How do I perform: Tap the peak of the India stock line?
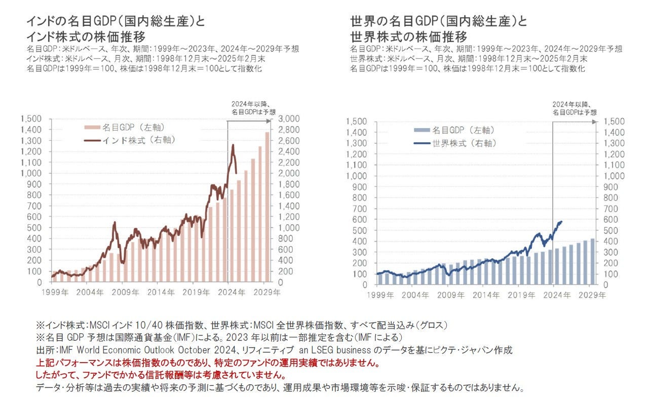coord(233,145)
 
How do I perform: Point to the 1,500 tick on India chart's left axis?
coord(32,118)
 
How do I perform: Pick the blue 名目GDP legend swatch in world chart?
coord(421,131)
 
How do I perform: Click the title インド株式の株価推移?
coord(86,37)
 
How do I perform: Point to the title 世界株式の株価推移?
coord(409,37)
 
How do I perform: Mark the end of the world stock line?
coord(561,221)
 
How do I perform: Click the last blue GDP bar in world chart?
coord(592,261)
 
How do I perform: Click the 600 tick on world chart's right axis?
coord(610,220)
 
